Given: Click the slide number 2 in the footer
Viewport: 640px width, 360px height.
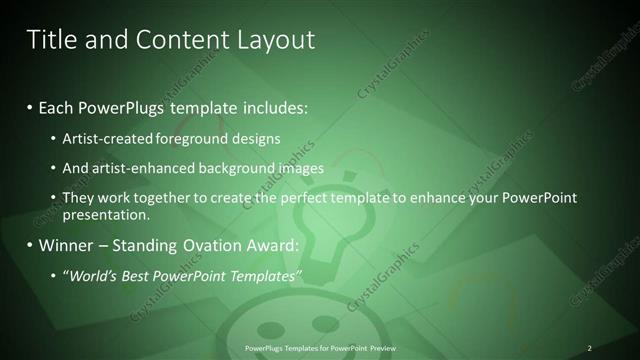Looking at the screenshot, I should pos(589,348).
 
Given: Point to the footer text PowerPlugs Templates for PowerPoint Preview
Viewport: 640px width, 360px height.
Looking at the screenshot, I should pos(320,348).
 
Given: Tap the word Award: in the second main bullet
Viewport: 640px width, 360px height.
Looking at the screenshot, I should pos(272,245).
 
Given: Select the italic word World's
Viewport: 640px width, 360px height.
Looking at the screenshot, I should pos(94,274).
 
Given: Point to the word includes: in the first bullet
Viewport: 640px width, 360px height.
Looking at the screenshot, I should pos(274,105).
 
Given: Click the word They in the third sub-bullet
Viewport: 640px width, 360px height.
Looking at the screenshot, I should pos(78,198).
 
